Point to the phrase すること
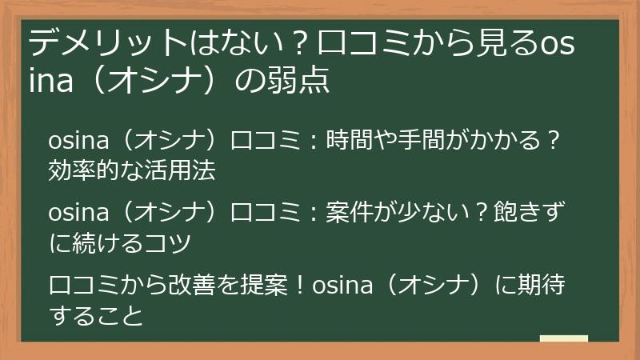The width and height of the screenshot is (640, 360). [x=95, y=315]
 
